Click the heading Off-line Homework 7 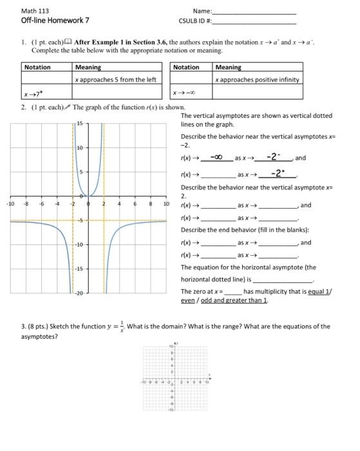click(x=54, y=21)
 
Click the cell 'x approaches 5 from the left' click(x=116, y=79)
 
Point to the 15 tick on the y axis click(x=80, y=123)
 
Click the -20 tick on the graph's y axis click(x=79, y=293)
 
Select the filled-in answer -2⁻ click(x=274, y=157)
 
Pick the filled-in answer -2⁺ click(x=278, y=173)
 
